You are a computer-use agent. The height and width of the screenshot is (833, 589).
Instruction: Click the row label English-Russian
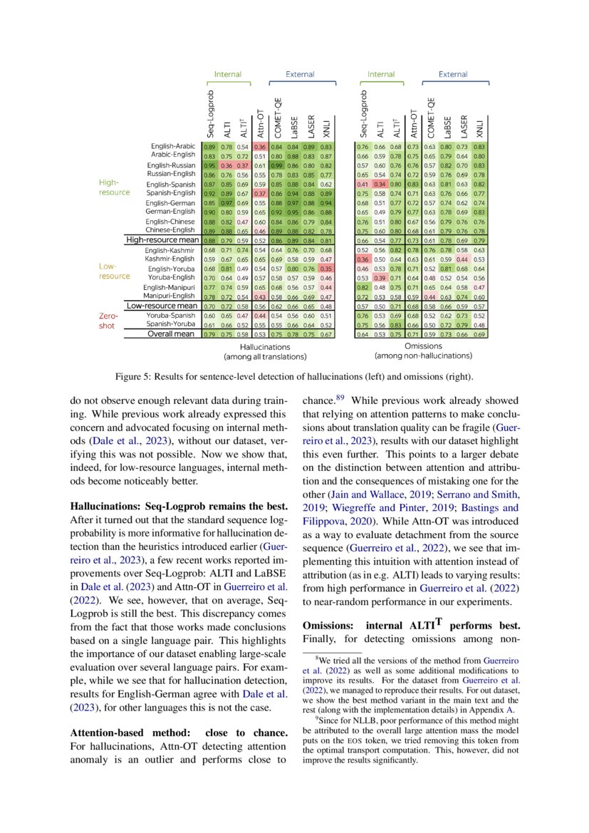pyautogui.click(x=172, y=165)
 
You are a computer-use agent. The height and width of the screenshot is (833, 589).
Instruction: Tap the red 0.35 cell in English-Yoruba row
pyautogui.click(x=326, y=268)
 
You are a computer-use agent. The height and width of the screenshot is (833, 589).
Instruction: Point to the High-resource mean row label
pyautogui.click(x=162, y=240)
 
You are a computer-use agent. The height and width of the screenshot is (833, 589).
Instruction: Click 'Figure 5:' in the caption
pyautogui.click(x=134, y=376)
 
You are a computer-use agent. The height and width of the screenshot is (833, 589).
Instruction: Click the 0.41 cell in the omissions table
pyautogui.click(x=363, y=183)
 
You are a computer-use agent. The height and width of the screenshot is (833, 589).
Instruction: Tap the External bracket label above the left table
pyautogui.click(x=300, y=74)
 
